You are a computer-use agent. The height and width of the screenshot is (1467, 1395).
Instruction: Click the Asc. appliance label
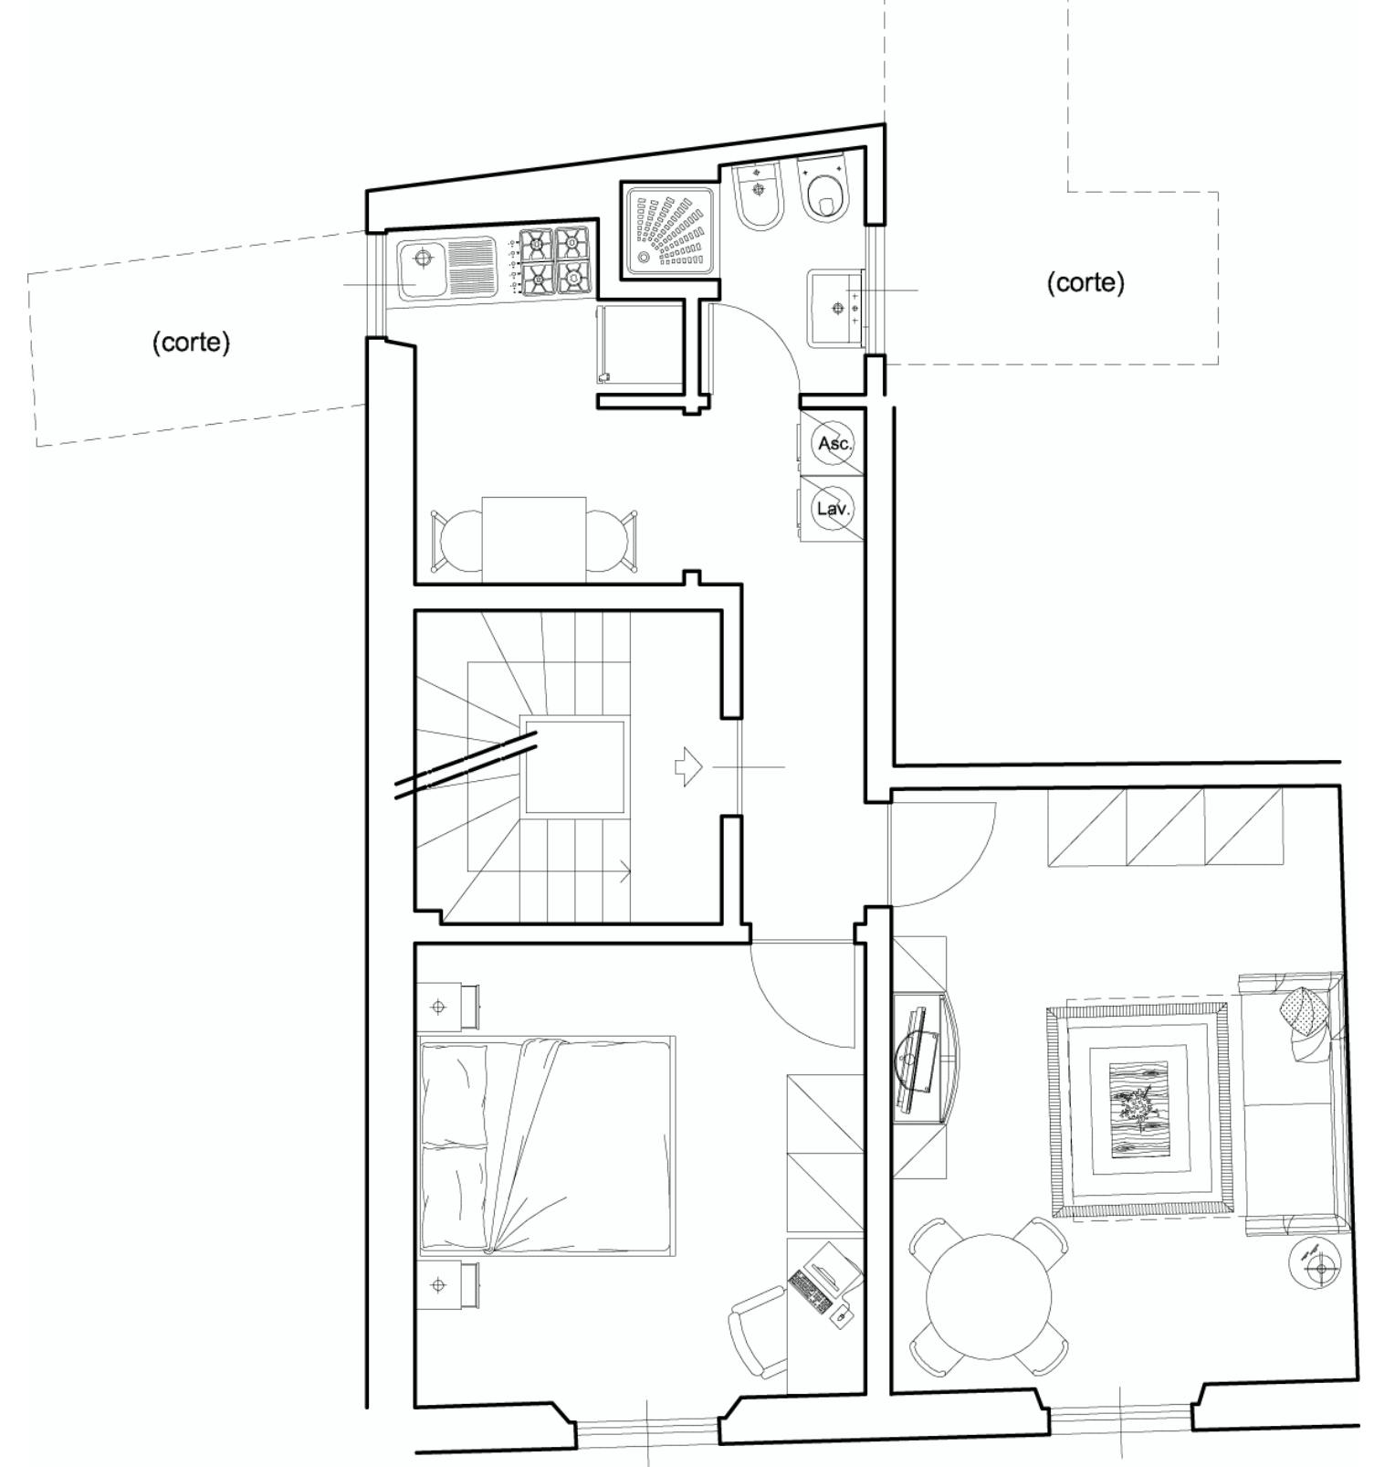click(x=834, y=444)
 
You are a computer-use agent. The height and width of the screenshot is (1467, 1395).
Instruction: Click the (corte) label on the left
click(x=191, y=343)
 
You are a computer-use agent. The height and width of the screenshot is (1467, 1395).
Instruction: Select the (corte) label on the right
click(x=1086, y=282)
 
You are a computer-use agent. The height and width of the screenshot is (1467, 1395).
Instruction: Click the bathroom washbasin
click(x=835, y=308)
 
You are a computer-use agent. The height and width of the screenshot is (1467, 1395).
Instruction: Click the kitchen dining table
click(x=534, y=539)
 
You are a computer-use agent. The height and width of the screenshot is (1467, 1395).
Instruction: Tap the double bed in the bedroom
click(x=547, y=1145)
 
